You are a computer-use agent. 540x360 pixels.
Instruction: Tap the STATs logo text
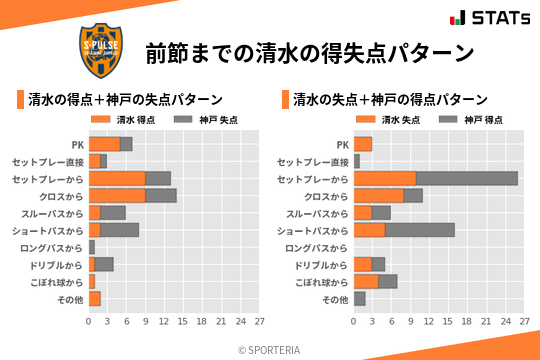[x=496, y=18]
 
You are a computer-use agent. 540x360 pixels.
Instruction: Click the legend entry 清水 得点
[x=115, y=120]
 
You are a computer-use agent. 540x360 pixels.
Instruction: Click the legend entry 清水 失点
[x=380, y=120]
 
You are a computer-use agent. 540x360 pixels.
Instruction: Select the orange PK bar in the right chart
[x=363, y=144]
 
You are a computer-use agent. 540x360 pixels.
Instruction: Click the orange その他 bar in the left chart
[x=95, y=299]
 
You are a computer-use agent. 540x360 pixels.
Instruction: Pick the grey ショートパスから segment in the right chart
[x=420, y=230]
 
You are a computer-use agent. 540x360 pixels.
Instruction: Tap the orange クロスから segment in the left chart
[x=117, y=196]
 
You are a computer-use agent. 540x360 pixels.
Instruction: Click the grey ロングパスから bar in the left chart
[x=91, y=247]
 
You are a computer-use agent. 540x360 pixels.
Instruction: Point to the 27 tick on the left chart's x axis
[x=259, y=322]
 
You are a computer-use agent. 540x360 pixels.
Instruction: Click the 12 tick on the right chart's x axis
[x=429, y=322]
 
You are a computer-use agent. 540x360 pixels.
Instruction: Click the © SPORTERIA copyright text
[x=270, y=349]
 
